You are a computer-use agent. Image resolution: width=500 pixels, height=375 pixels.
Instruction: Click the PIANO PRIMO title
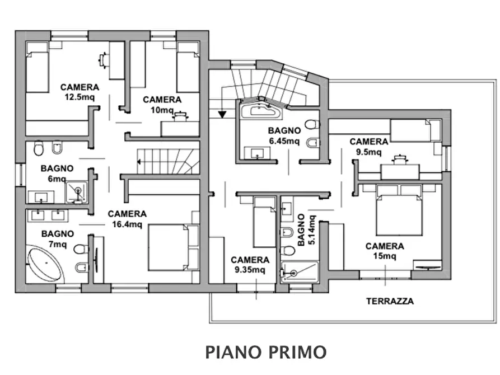pos(265,352)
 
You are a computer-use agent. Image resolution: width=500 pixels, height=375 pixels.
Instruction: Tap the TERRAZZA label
pos(390,301)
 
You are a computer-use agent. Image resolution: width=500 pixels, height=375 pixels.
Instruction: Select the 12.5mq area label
pos(80,96)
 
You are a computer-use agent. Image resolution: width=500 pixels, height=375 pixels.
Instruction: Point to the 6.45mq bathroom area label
pos(284,140)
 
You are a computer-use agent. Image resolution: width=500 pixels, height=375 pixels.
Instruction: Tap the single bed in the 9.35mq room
pos(264,223)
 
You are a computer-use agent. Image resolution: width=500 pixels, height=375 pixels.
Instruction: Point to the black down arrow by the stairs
pos(222,115)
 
